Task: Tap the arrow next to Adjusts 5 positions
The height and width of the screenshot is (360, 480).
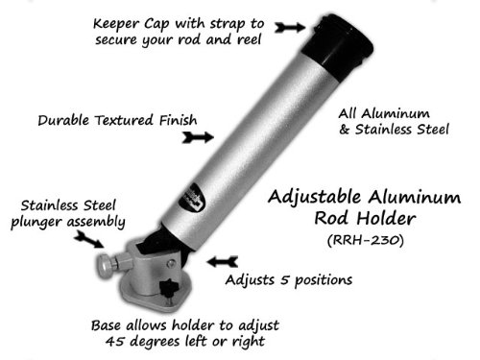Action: click(x=226, y=258)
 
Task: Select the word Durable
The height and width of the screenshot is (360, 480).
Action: click(x=63, y=121)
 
